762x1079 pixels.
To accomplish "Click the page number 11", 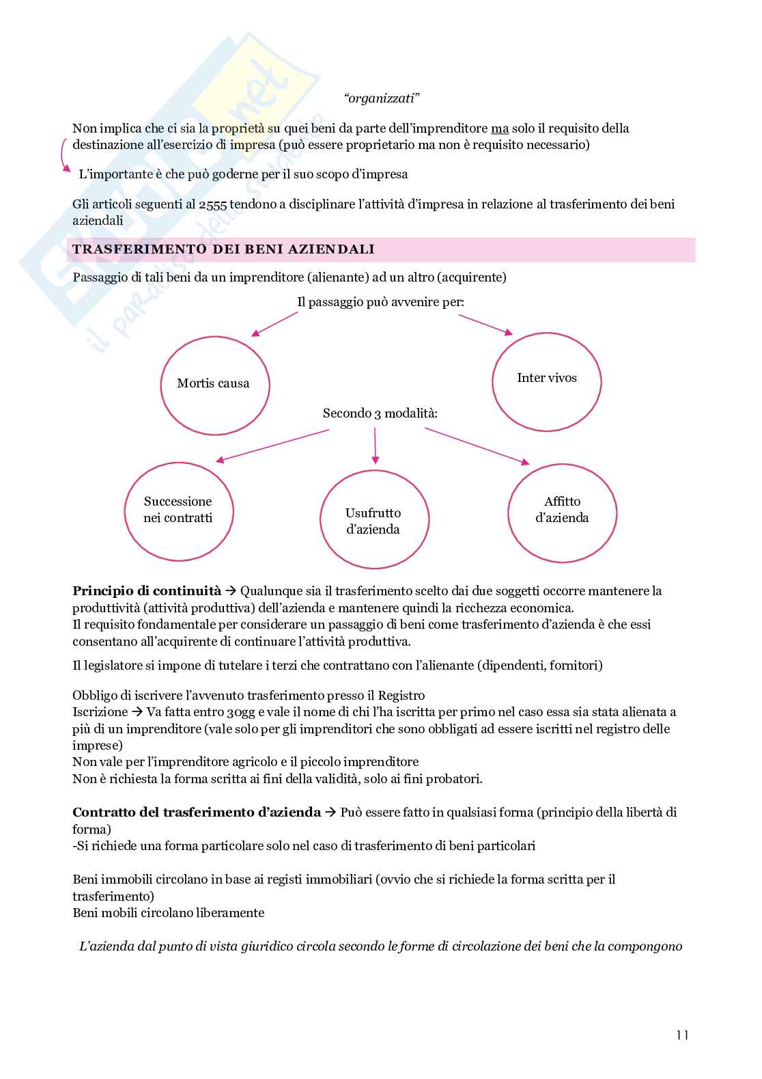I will tap(682, 1035).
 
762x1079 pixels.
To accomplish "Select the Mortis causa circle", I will tap(214, 385).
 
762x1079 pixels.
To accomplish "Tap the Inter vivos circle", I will tap(546, 381).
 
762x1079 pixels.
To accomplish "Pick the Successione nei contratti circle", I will tap(178, 510).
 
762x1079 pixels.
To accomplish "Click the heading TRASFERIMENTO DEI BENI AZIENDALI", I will tap(224, 249).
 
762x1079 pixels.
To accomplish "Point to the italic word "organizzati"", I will tap(381, 98).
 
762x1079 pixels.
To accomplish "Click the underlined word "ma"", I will tap(500, 128).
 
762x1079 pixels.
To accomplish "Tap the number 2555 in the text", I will tap(213, 204).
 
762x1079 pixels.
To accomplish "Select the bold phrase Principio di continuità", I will tap(147, 591).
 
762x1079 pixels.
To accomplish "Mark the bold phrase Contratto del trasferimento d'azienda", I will tap(197, 812).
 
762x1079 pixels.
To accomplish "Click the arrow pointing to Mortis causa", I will tap(274, 324).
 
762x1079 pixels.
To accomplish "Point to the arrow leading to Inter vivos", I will tap(485, 325).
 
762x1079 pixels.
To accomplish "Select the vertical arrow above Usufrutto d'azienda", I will tap(375, 446).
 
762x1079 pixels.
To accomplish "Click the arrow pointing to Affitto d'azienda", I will tap(477, 446).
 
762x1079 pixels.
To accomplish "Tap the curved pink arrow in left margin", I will tap(64, 155).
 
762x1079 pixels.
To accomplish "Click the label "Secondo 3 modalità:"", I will tap(380, 413).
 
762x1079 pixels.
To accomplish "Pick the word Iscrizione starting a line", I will tap(100, 712).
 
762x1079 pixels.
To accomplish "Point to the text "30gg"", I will tap(240, 712).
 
